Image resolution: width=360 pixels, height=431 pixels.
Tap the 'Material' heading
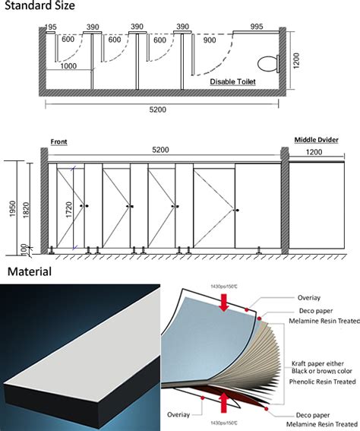click(x=30, y=271)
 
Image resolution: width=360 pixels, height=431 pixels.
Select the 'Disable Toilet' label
click(x=232, y=80)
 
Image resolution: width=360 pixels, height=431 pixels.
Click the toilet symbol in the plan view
click(x=268, y=60)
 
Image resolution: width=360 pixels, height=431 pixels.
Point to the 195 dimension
click(x=51, y=27)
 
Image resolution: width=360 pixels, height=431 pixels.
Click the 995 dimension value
click(x=256, y=27)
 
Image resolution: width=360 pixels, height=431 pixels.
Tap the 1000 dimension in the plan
click(x=68, y=65)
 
